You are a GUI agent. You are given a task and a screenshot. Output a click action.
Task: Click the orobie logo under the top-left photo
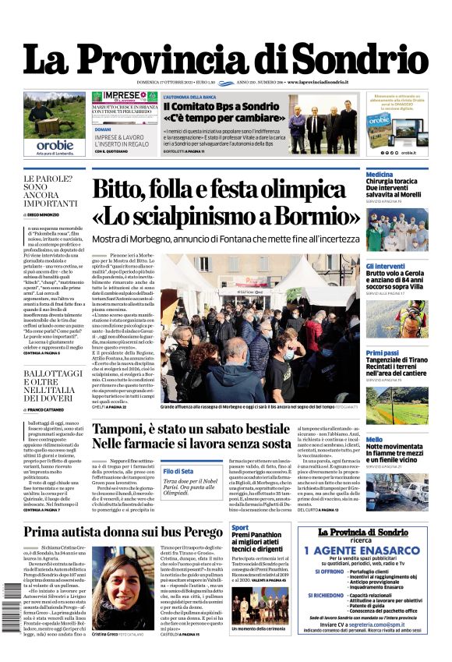pos(55,144)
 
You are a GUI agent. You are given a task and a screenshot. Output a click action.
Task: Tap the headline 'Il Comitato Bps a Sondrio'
pos(219,106)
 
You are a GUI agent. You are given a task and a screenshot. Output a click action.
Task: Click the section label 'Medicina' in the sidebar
pos(380,174)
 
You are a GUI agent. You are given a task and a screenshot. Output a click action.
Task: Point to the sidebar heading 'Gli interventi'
pos(385,266)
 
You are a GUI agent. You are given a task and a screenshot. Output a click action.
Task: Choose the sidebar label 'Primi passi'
pos(383,353)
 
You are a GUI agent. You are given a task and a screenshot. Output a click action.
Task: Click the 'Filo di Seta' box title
pos(178,471)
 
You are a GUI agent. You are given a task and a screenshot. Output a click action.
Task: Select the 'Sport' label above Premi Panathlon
pos(240,528)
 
